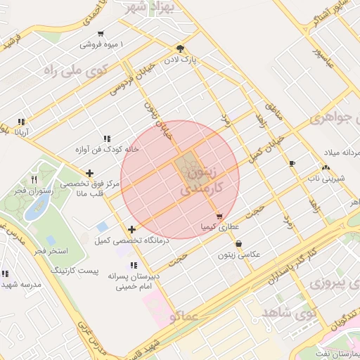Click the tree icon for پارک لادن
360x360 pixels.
coord(181,49)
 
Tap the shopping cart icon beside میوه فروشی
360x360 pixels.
coord(101,34)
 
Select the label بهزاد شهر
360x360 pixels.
coord(150,8)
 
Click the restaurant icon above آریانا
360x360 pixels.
coord(22,121)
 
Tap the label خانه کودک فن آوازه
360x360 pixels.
coord(106,150)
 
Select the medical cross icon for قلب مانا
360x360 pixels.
coord(89,173)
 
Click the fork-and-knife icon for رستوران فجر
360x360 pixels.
coord(34,167)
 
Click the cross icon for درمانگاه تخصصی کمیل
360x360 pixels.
coord(132,229)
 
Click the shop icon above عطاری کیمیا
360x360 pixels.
coord(220,217)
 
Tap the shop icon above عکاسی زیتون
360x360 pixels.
coord(239,243)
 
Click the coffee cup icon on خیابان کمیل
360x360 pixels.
coord(292,163)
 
